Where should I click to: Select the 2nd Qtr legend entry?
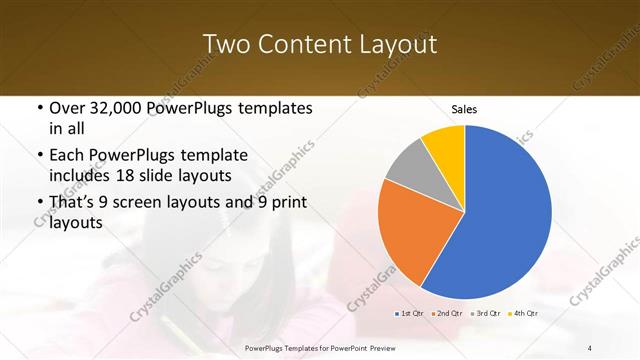pos(448,313)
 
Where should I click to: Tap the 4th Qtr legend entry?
pos(525,313)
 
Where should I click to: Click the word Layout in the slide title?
pos(398,44)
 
